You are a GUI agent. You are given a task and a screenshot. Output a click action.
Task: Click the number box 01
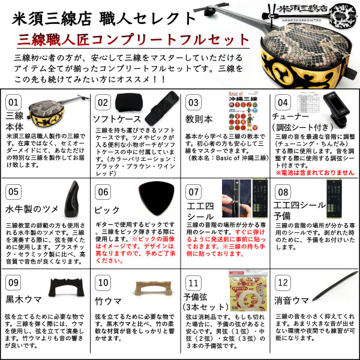[x=13, y=103]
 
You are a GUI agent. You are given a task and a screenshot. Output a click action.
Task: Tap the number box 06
[x=103, y=192]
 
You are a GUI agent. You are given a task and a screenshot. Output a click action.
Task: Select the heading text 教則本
[x=200, y=119]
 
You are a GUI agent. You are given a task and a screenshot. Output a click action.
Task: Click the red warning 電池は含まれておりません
[x=314, y=172]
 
